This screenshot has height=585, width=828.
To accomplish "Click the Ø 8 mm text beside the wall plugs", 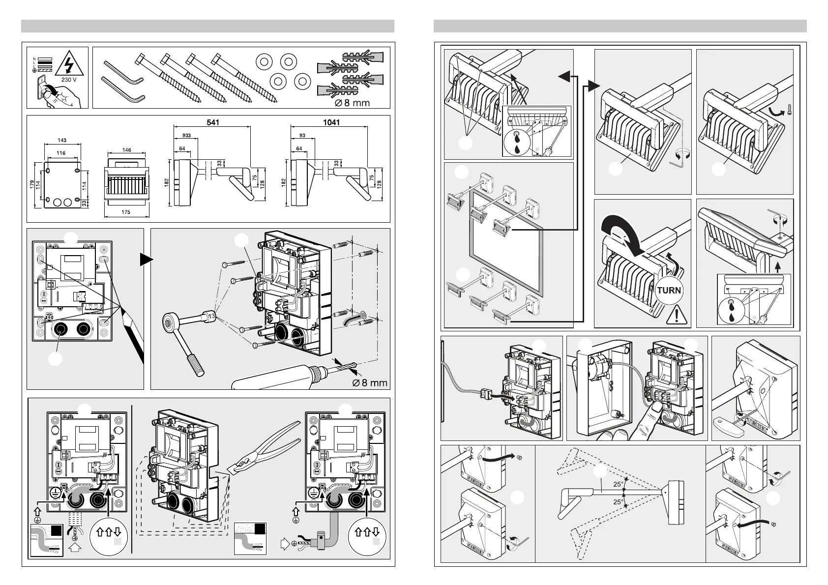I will pos(349,103).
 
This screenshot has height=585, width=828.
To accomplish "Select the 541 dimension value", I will pos(212,122).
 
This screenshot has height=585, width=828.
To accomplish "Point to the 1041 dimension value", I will pos(331,122).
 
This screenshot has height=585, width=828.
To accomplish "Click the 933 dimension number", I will pos(187,135).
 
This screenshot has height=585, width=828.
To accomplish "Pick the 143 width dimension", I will pos(62,141).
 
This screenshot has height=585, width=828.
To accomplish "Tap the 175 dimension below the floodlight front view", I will pos(126,212).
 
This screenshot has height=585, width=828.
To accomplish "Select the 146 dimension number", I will pos(126,150).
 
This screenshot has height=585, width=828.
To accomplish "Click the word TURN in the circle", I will pos(669,290).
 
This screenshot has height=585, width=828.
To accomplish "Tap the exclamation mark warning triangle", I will pos(676,314).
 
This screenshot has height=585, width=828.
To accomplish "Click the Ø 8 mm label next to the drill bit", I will pos(370,382).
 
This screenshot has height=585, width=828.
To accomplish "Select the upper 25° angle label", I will pos(618,484).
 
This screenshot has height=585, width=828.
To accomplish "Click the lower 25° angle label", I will pos(618,502).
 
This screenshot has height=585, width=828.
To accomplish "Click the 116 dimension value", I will pos(61,153).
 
